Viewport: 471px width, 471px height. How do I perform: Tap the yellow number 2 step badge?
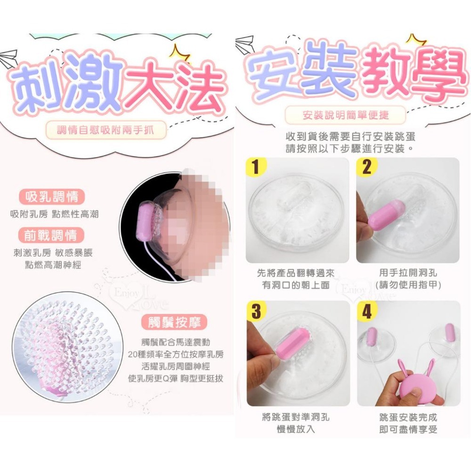367,166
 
